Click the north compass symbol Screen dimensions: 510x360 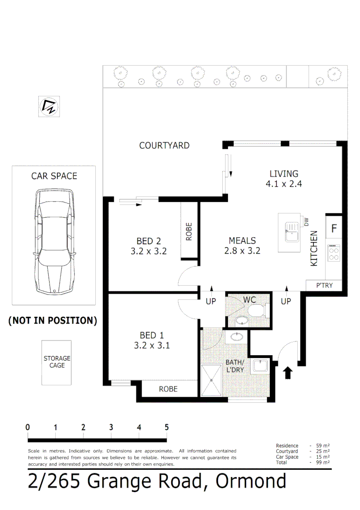pyautogui.click(x=50, y=106)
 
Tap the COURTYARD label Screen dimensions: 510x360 pyautogui.click(x=164, y=145)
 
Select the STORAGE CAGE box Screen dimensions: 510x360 pyautogui.click(x=57, y=362)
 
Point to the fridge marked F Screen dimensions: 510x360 pyautogui.click(x=334, y=229)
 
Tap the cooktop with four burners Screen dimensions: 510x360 pyautogui.click(x=334, y=254)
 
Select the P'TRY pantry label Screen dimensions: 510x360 pyautogui.click(x=324, y=285)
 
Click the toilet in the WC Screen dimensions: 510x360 pyautogui.click(x=257, y=310)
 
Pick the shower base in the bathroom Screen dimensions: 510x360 pyautogui.click(x=211, y=380)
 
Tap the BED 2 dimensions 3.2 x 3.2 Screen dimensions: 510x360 pyautogui.click(x=148, y=251)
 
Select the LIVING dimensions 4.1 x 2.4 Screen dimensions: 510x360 pyautogui.click(x=284, y=184)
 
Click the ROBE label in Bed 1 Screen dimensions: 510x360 pyautogui.click(x=168, y=389)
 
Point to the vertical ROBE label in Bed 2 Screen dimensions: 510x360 pyautogui.click(x=189, y=231)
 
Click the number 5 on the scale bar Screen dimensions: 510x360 pyautogui.click(x=167, y=427)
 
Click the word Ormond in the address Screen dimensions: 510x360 pyautogui.click(x=251, y=481)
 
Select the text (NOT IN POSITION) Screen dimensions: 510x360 pyautogui.click(x=53, y=321)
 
